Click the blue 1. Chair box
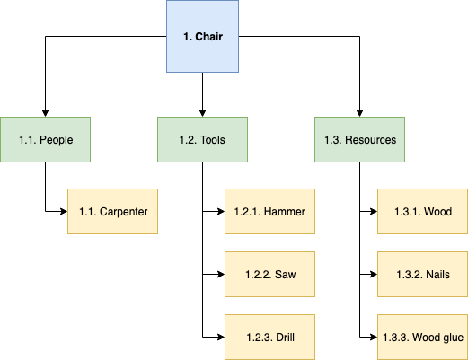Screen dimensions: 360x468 click(202, 37)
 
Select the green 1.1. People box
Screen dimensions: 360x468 click(45, 139)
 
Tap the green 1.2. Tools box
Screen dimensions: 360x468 click(202, 139)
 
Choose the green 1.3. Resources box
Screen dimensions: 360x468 click(359, 139)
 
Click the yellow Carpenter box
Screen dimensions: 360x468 click(113, 212)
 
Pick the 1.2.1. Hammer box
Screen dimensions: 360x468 click(269, 212)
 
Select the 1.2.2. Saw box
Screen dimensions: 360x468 click(269, 274)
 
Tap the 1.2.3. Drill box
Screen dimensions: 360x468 click(269, 337)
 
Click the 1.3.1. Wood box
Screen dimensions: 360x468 click(422, 212)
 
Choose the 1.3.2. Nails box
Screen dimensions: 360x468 click(422, 274)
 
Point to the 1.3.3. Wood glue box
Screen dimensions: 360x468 click(422, 337)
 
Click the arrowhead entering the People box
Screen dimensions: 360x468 click(45, 112)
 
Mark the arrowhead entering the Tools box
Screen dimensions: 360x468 click(202, 112)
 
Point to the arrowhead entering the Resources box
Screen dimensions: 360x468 click(359, 112)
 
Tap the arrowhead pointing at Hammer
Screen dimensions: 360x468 click(220, 212)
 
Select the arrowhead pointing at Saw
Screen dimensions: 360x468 click(220, 274)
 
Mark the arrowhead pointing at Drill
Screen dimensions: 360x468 click(220, 337)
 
